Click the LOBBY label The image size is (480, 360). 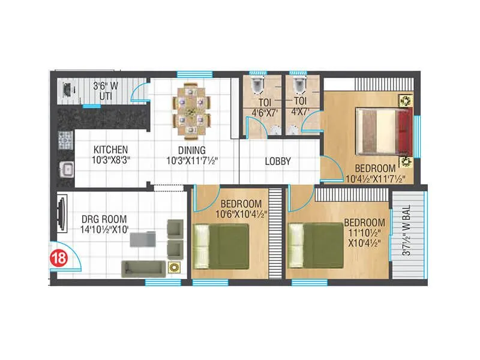point(278,161)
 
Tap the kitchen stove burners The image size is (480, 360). point(65,142)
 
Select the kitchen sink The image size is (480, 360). point(65,169)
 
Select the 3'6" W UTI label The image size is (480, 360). point(106,91)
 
